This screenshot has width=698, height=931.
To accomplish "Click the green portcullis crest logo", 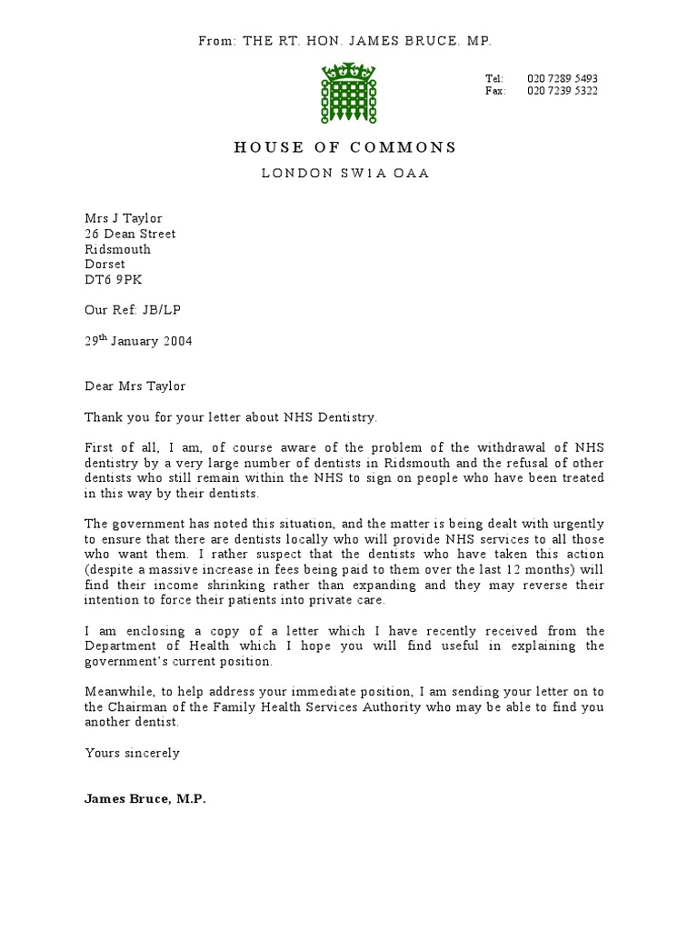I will (x=344, y=94).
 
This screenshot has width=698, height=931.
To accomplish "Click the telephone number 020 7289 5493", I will (x=562, y=79).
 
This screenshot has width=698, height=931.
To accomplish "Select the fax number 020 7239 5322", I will (x=562, y=92).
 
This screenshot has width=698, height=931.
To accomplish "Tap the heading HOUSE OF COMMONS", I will (x=345, y=147).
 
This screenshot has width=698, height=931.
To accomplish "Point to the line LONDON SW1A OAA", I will (x=345, y=174).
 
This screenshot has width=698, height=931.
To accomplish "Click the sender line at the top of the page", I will (x=345, y=41).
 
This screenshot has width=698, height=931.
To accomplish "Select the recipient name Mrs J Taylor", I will (x=124, y=218).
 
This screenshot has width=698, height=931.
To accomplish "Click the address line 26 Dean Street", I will (x=130, y=234).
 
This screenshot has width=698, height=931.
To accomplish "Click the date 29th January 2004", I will (x=138, y=341).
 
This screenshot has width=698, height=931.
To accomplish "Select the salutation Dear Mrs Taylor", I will (x=135, y=385).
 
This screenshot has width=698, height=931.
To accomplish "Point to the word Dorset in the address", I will (x=105, y=265).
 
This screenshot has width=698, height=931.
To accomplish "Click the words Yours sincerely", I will (x=132, y=753).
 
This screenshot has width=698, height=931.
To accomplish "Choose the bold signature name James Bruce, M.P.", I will (x=145, y=799).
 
